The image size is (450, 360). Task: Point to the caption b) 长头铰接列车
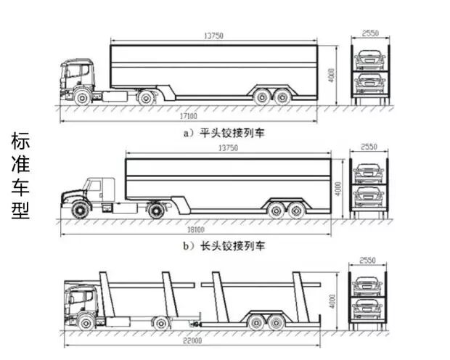(223, 245)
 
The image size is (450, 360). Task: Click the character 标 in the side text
(20, 141)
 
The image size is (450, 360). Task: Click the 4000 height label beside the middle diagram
(337, 188)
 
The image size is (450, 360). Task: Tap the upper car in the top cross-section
(368, 57)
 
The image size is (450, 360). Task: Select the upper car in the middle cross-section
(368, 173)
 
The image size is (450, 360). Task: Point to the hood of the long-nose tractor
(71, 195)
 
